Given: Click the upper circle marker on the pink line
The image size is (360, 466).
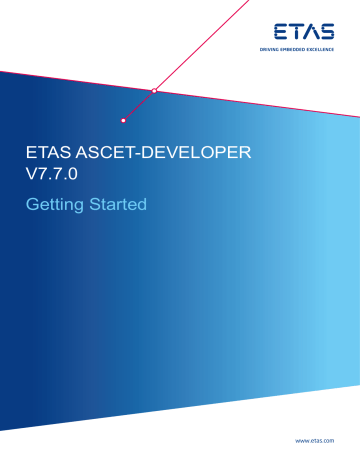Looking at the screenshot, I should [x=154, y=91].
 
